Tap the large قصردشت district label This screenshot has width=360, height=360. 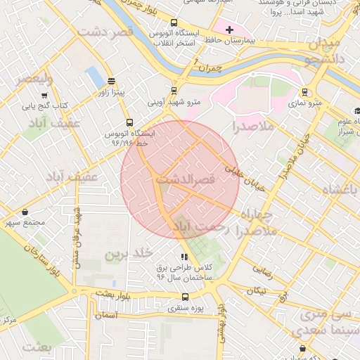[x=105, y=32]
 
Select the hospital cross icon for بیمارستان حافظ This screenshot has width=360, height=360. [x=229, y=29]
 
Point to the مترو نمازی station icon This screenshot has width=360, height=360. [x=304, y=91]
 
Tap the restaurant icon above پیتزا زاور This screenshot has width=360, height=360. [x=111, y=81]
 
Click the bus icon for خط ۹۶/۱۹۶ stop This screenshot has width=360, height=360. [x=129, y=122]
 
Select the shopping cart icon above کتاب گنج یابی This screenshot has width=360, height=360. [x=44, y=96]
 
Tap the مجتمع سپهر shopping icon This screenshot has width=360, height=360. [x=26, y=212]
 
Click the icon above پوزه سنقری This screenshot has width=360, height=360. [x=184, y=296]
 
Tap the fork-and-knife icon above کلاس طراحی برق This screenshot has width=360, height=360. [x=184, y=257]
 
